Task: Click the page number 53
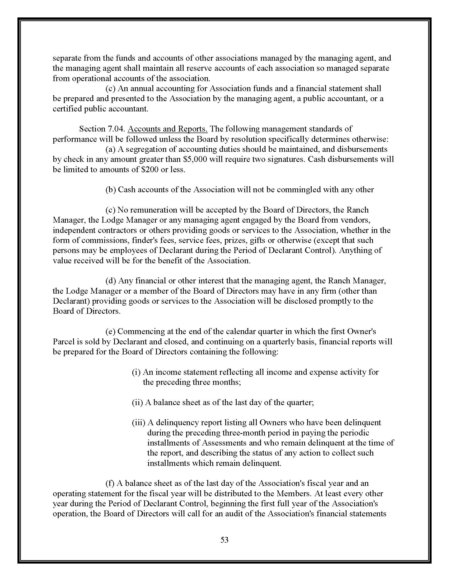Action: pos(224,540)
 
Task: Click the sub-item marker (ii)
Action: pos(138,402)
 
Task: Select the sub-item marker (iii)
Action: pos(139,423)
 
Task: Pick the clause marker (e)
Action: pos(110,331)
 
